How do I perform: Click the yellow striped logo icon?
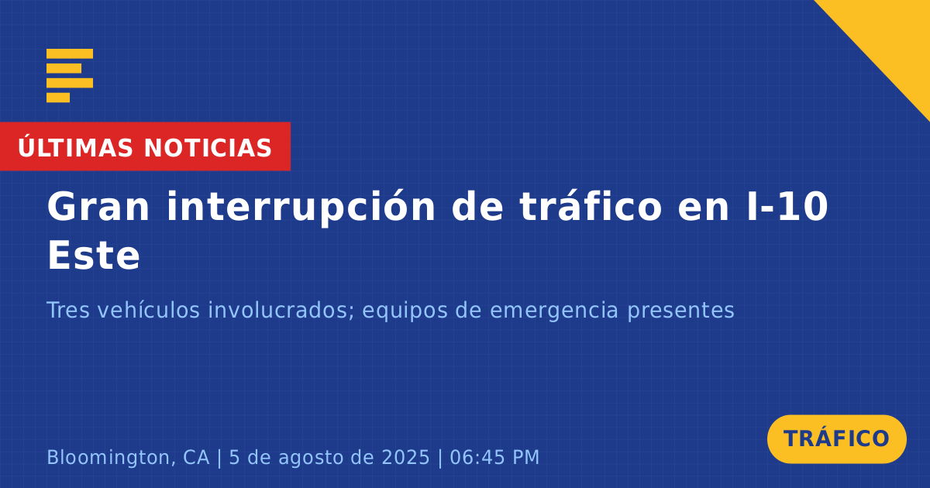70,76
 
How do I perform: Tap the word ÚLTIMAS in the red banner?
75,148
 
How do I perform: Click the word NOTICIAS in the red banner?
208,148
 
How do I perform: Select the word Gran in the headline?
98,207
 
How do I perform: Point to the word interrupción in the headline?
301,208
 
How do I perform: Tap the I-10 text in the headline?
787,206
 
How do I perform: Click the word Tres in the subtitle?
68,310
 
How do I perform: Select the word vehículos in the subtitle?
149,310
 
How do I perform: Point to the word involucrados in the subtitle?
281,310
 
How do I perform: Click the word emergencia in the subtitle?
554,311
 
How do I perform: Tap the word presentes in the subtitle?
680,311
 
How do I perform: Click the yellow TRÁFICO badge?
836,438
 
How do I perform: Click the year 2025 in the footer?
405,457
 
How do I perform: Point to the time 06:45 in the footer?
477,457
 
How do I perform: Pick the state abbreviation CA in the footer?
196,457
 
